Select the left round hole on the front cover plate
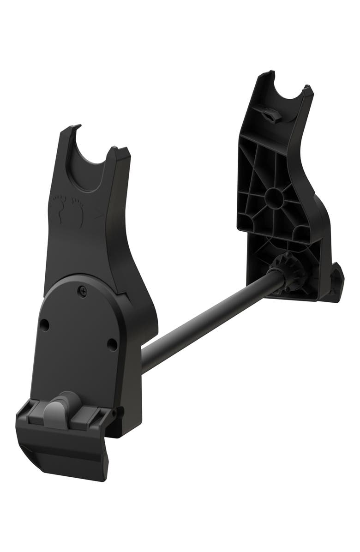44,325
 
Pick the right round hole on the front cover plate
112,344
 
